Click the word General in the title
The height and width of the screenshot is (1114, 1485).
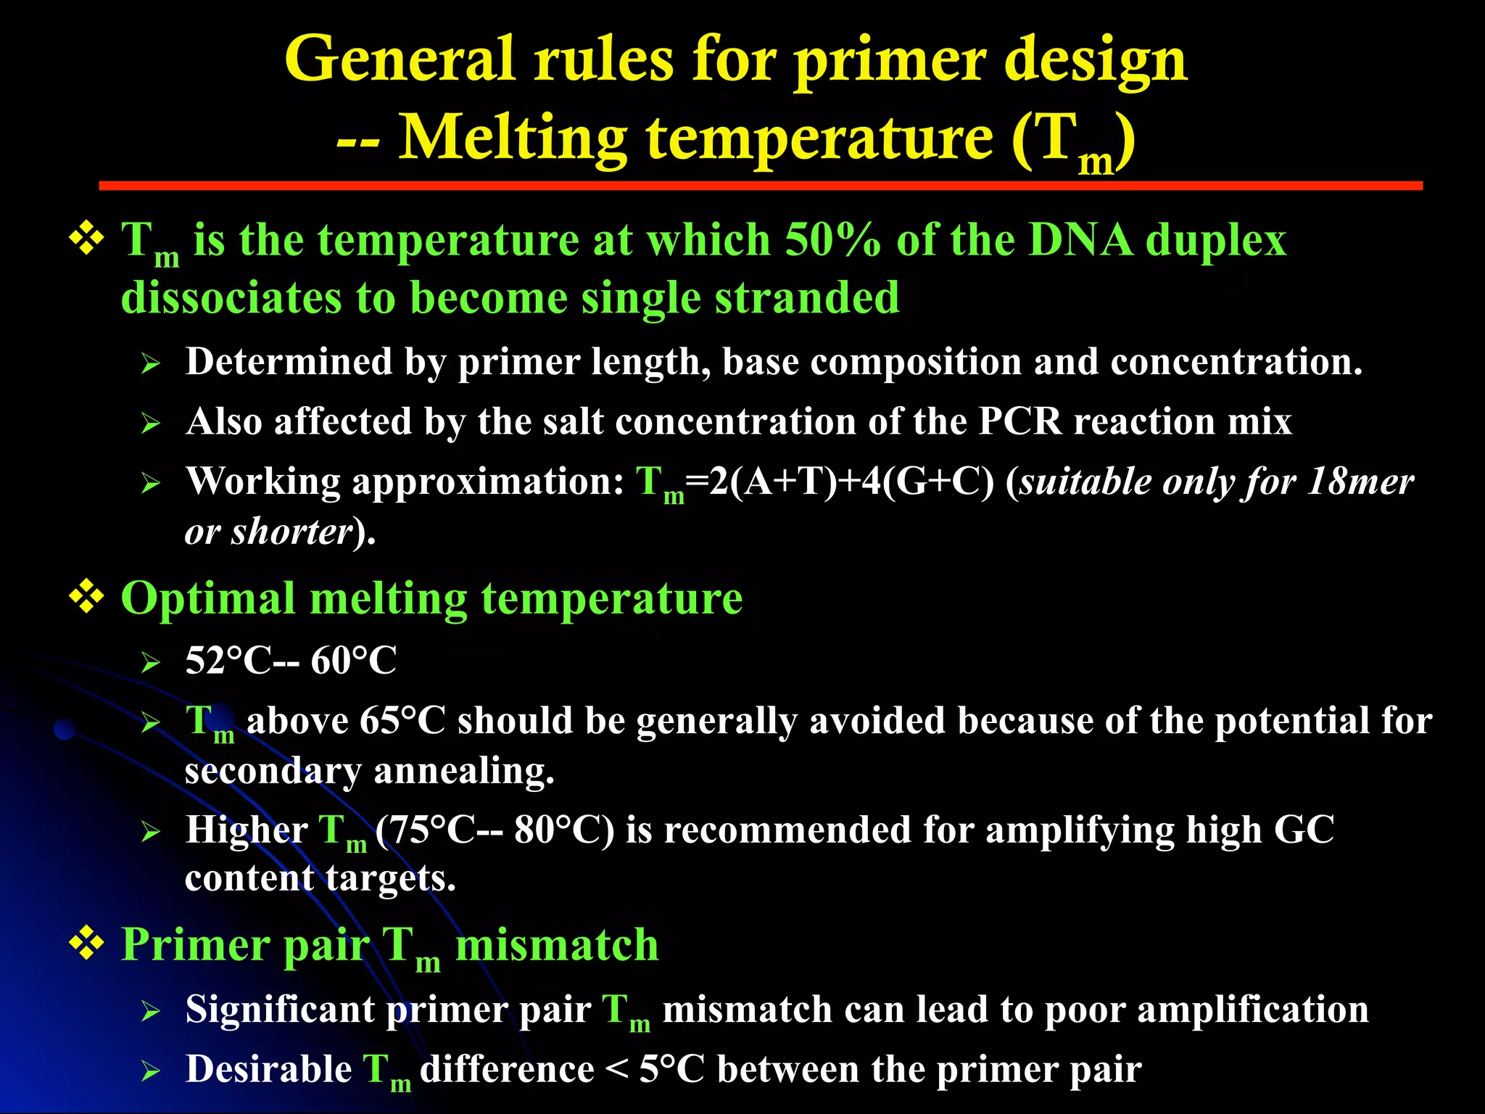[x=400, y=59]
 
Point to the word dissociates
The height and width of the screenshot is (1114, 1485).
[x=231, y=297]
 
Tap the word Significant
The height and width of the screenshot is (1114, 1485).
[x=279, y=1010]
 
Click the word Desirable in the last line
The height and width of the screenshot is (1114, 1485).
[x=268, y=1070]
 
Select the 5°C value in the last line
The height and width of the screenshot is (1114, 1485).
[x=671, y=1070]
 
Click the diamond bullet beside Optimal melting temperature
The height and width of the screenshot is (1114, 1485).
[x=86, y=598]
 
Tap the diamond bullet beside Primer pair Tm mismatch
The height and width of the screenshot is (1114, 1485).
[x=86, y=944]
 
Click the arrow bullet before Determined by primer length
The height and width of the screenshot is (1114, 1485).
[x=150, y=363]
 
